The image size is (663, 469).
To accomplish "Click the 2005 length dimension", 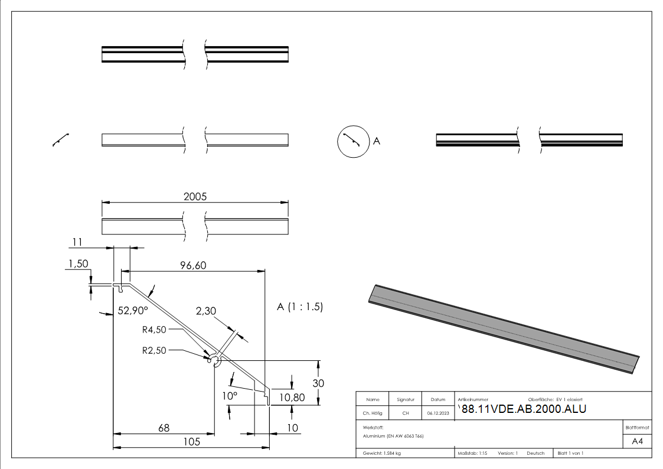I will [195, 197].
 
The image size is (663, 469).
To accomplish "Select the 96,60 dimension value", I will [192, 266].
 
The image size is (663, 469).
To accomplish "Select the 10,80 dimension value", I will [292, 398].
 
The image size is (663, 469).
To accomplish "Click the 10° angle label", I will [230, 396].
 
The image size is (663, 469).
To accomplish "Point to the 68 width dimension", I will [165, 428].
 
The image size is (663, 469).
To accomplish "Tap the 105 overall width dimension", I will [191, 442].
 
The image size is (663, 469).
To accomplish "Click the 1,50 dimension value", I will [79, 264].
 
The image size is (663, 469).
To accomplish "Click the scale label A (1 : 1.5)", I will [300, 307].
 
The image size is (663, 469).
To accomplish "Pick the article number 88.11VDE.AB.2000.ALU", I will [524, 409].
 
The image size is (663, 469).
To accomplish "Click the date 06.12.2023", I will [437, 413].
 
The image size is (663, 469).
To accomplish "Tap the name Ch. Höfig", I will [373, 413].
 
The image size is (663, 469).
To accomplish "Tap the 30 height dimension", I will [318, 383].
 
